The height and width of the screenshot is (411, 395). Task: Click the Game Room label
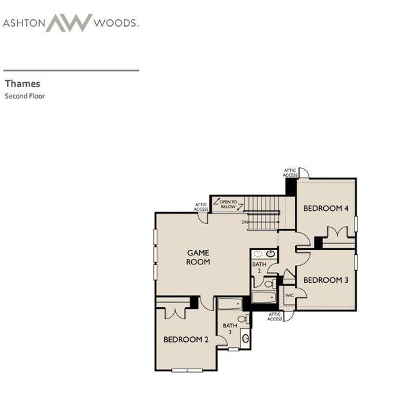(198, 257)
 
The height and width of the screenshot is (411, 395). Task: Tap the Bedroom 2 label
(186, 340)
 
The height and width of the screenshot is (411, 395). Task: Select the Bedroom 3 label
(326, 280)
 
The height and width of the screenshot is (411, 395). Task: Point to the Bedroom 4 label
(326, 208)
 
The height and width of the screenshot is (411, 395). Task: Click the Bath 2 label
(259, 267)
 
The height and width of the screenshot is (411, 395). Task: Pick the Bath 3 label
(230, 329)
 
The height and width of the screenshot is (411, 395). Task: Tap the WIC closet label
(289, 295)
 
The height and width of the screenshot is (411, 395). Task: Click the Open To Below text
(229, 204)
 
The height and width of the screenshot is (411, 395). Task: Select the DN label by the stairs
(244, 222)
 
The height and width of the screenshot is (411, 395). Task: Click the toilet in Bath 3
(244, 319)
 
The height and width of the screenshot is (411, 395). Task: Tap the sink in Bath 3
(246, 338)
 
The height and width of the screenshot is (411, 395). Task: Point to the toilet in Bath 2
(270, 284)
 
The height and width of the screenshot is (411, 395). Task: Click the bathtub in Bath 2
(264, 297)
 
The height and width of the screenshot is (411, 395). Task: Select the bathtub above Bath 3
(230, 304)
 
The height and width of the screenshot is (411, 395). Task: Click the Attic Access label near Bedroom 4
(290, 173)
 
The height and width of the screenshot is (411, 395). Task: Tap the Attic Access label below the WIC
(275, 316)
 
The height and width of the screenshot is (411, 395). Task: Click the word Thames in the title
(23, 84)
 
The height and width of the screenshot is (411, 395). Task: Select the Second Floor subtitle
(25, 96)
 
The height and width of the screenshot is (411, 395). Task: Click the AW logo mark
(69, 23)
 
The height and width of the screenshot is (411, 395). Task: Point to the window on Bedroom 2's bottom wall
(187, 370)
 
